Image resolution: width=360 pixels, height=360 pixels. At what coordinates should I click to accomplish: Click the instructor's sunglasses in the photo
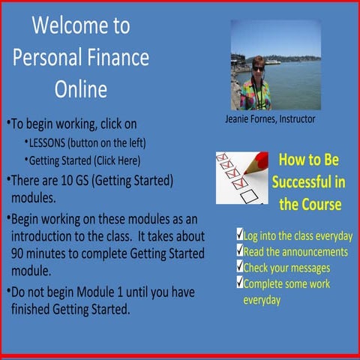click(x=258, y=68)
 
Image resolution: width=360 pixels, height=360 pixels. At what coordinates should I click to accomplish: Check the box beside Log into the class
click(x=239, y=235)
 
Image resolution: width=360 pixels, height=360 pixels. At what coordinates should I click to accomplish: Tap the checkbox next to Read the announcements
click(x=239, y=250)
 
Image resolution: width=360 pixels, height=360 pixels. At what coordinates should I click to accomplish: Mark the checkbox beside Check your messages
click(x=239, y=267)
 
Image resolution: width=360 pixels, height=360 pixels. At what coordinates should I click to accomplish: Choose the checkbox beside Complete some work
click(x=239, y=283)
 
